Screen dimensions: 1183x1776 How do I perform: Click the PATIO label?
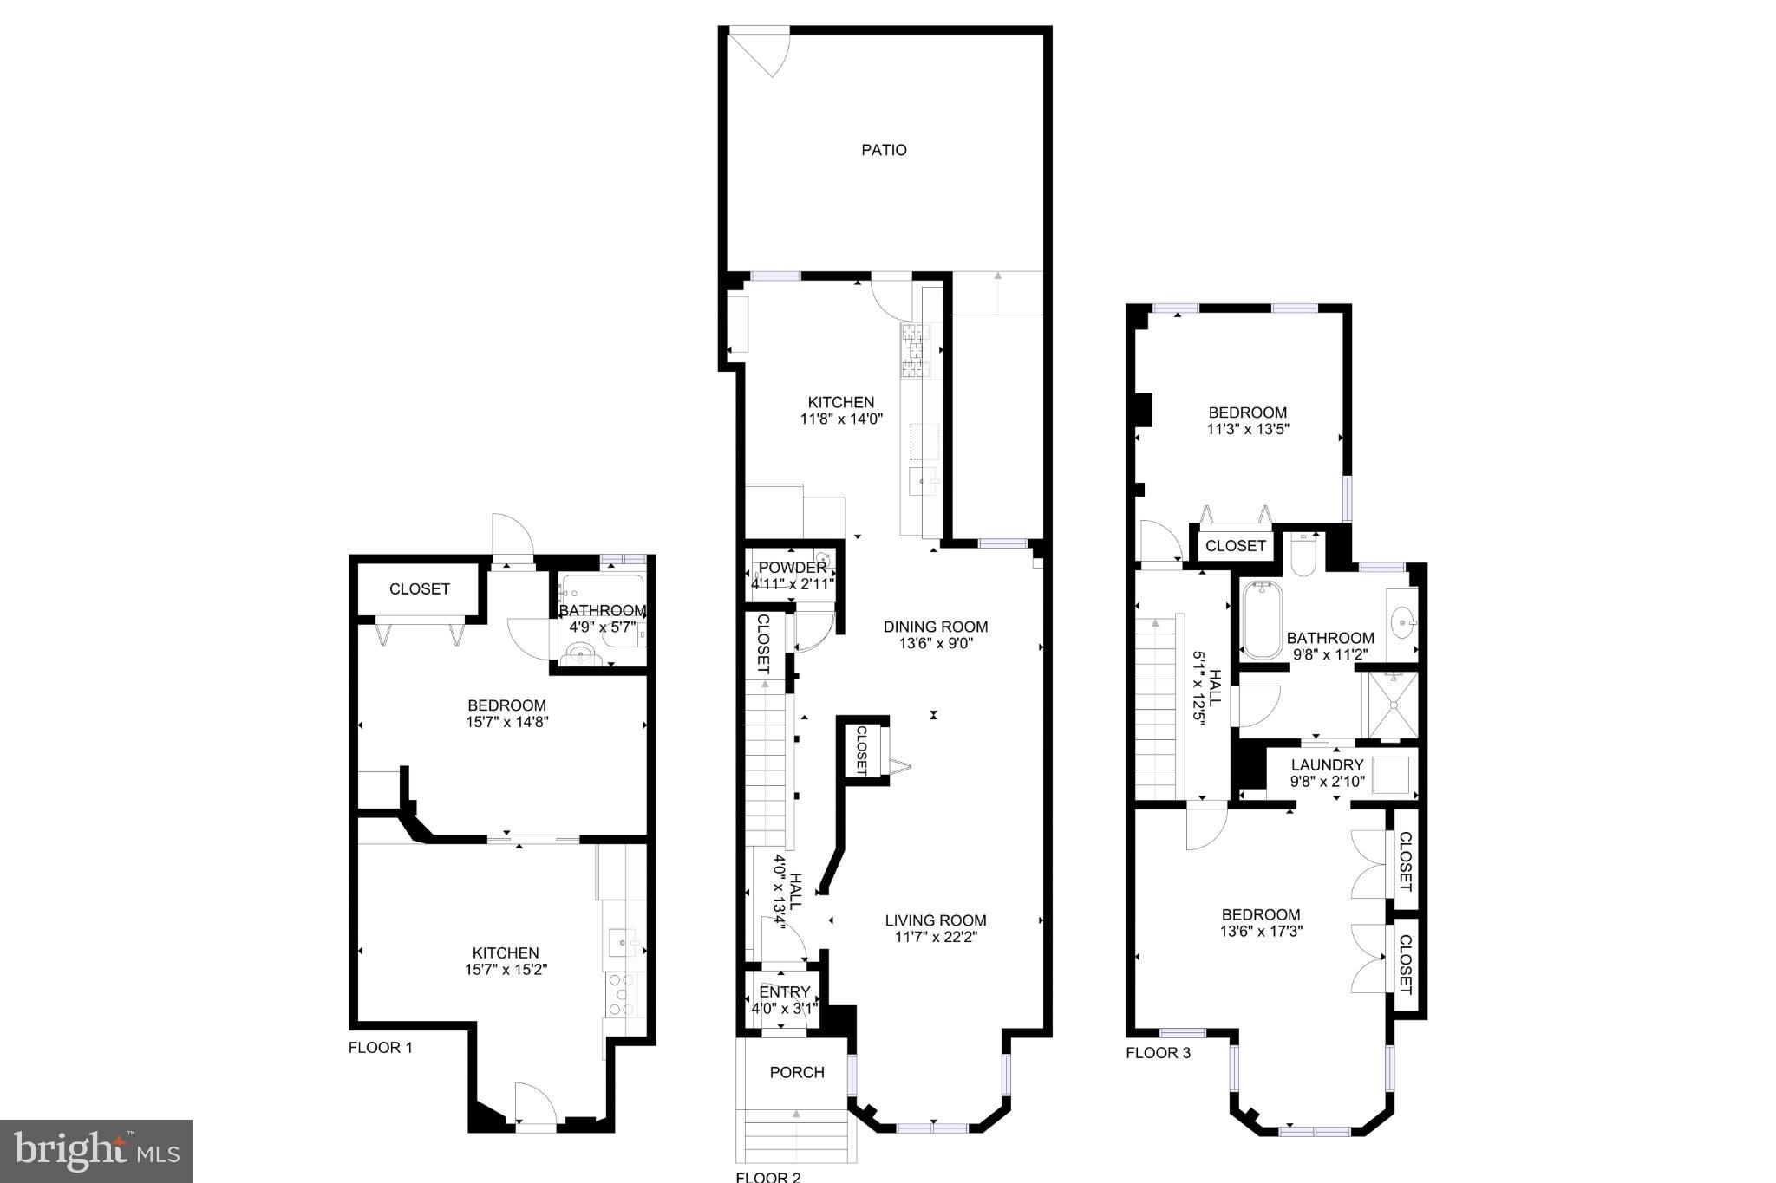[884, 150]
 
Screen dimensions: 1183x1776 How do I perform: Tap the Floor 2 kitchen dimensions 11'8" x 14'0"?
[840, 419]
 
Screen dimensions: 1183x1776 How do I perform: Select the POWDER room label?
[793, 568]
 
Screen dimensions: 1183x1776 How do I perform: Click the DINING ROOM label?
[935, 627]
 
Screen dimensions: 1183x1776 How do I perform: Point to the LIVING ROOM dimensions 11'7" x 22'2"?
[935, 937]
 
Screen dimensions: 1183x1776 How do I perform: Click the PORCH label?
[796, 1072]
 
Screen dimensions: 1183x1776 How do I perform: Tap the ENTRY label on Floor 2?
[784, 992]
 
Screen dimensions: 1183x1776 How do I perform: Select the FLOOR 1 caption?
[380, 1048]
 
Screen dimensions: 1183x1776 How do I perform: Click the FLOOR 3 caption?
[1158, 1054]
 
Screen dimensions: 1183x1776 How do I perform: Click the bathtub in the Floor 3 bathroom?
[1261, 620]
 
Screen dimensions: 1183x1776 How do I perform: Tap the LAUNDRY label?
[1327, 765]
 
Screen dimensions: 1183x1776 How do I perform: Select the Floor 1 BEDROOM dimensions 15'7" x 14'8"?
[506, 722]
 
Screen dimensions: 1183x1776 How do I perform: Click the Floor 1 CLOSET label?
[419, 589]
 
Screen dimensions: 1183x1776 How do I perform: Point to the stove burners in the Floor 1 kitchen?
[621, 994]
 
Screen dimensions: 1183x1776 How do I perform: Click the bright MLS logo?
[96, 1151]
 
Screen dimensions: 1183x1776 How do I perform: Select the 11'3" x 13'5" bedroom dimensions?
[1247, 429]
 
